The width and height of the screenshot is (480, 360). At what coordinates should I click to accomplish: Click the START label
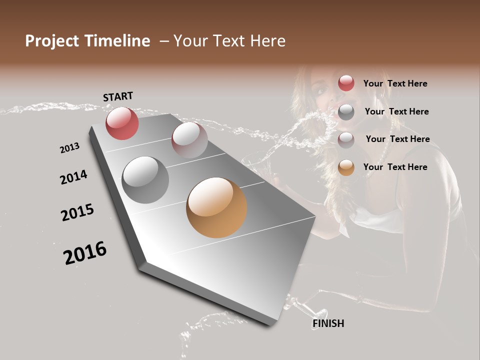(x=118, y=96)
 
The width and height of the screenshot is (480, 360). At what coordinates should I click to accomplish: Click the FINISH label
(x=328, y=323)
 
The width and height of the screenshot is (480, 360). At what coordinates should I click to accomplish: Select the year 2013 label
(x=69, y=148)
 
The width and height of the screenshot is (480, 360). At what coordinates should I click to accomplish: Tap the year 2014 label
(x=73, y=177)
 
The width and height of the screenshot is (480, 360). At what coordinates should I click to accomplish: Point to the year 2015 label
(x=77, y=212)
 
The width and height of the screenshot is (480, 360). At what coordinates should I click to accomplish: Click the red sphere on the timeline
(x=122, y=123)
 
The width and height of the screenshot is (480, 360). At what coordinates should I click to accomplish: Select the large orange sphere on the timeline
(x=216, y=207)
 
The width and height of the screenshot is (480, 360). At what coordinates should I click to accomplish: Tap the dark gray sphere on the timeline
(x=145, y=180)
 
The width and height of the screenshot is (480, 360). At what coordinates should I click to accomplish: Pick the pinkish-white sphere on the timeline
(x=189, y=139)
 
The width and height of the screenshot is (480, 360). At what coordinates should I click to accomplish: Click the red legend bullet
(x=346, y=83)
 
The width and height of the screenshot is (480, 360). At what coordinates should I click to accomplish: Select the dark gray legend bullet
(x=346, y=112)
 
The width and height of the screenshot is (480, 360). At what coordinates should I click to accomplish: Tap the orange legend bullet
(x=346, y=167)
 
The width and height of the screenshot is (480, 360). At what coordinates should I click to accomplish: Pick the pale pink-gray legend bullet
(x=346, y=139)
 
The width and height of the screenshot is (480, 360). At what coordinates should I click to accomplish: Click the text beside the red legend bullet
(x=395, y=83)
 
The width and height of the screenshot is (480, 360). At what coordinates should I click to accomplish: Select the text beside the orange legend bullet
(x=395, y=167)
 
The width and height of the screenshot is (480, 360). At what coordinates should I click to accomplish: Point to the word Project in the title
(x=52, y=41)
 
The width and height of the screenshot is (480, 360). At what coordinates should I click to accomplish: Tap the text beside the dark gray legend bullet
(x=396, y=111)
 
